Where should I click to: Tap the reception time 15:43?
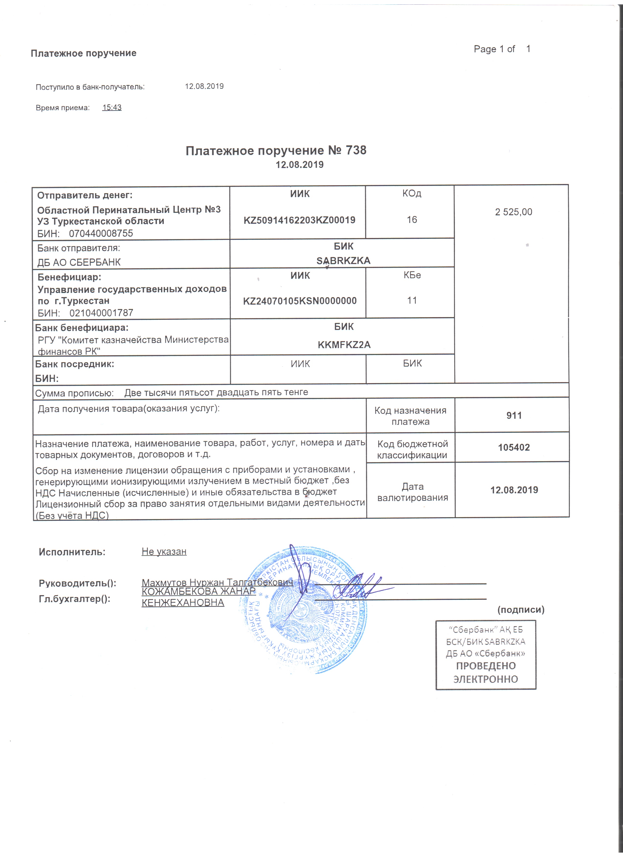pos(112,107)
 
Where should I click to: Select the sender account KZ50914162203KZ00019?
pos(299,220)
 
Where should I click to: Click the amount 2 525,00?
pos(514,212)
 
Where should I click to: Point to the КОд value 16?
pos(412,220)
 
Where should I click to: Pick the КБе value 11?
pos(412,300)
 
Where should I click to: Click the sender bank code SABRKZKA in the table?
pos(343,260)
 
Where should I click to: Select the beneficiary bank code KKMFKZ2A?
pos(344,345)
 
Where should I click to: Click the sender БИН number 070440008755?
pos(101,233)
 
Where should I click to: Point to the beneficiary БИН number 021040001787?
pos(101,313)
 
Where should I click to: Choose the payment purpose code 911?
pos(514,416)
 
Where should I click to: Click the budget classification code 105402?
pos(514,447)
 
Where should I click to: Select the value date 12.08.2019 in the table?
pos(514,490)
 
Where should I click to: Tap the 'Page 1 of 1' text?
pos(502,49)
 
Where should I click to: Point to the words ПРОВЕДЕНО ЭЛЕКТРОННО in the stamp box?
pos(486,673)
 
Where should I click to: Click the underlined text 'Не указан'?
pos(164,551)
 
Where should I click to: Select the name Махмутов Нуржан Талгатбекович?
pos(217,582)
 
